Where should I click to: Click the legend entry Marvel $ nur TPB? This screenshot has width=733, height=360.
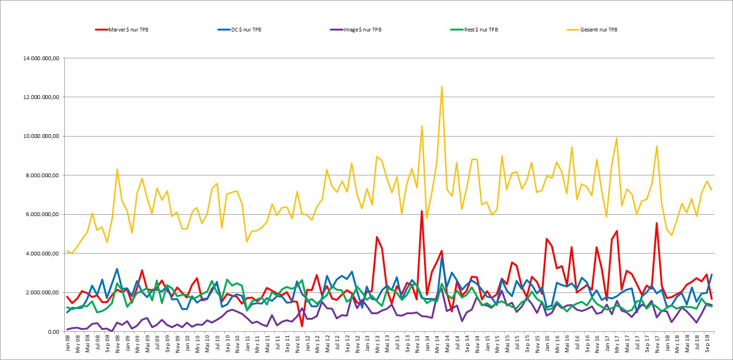(122, 30)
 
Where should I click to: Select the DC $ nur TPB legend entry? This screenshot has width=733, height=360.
(240, 30)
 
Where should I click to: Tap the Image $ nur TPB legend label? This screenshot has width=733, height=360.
(356, 30)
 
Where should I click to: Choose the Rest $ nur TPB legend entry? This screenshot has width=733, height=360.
(474, 30)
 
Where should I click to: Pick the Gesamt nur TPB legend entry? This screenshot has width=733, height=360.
(592, 30)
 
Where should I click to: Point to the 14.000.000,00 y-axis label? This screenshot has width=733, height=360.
(41, 58)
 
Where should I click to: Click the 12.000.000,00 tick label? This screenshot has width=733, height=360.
(41, 97)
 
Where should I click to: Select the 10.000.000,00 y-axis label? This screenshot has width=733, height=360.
(41, 136)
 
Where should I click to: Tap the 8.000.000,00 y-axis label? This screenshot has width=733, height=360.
(43, 175)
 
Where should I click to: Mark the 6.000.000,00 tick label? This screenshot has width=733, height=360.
(43, 214)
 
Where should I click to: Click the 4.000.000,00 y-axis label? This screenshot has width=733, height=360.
(43, 254)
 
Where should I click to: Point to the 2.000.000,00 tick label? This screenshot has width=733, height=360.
(43, 292)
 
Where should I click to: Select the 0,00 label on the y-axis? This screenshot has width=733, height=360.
(54, 332)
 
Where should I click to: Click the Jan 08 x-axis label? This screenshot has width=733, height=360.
(68, 343)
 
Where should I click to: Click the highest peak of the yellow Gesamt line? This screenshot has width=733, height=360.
(442, 87)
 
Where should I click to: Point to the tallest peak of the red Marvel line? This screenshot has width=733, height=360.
(422, 211)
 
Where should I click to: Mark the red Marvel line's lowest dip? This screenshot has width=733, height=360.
(302, 326)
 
